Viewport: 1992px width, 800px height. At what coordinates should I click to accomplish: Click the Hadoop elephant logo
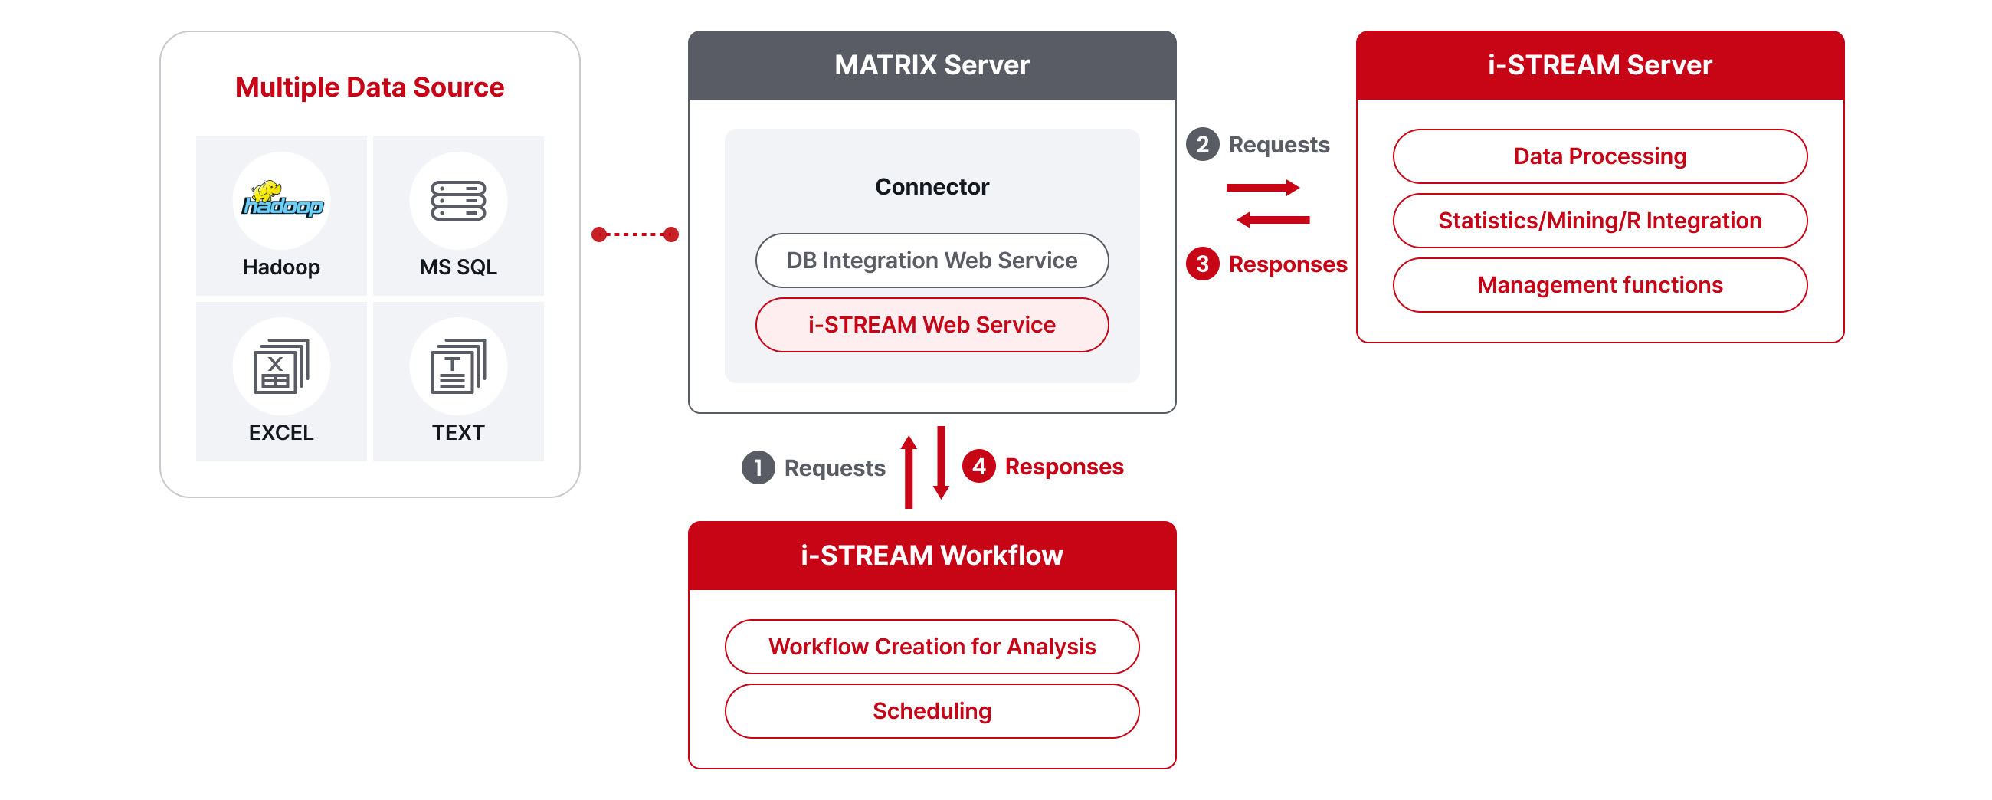pos(282,198)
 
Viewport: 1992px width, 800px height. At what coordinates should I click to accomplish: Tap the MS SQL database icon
pos(458,201)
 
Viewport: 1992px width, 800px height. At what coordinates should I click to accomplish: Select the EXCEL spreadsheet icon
pos(280,366)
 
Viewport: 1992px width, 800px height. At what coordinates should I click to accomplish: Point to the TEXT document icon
pos(458,366)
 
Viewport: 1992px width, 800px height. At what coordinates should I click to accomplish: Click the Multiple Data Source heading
pos(369,87)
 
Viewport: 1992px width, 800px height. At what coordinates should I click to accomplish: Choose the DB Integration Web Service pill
pos(932,261)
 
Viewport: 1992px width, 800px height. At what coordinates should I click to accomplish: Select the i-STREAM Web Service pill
pos(932,325)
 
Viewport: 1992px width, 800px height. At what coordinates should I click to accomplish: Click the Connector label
pos(932,186)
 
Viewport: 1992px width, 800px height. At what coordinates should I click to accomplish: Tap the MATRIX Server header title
pos(932,65)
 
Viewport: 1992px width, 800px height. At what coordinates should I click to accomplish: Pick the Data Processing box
pos(1599,156)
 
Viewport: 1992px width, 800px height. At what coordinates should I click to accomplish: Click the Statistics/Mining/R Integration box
pos(1599,221)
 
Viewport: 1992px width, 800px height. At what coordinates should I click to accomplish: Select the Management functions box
pos(1599,285)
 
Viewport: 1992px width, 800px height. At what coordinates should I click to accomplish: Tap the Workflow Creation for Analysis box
pos(932,646)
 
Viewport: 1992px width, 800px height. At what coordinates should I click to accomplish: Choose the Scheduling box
pos(932,710)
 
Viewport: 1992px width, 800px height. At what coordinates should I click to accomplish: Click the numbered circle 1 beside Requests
pos(758,467)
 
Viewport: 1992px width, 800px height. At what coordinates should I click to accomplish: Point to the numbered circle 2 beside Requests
pos(1202,144)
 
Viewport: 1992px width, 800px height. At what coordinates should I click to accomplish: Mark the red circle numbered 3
pos(1202,264)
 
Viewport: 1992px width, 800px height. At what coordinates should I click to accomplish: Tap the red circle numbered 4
pos(978,466)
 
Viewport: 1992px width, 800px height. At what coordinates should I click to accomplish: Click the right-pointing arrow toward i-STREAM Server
pos(1262,187)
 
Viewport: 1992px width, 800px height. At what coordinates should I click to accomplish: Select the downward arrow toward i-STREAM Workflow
pos(941,463)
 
